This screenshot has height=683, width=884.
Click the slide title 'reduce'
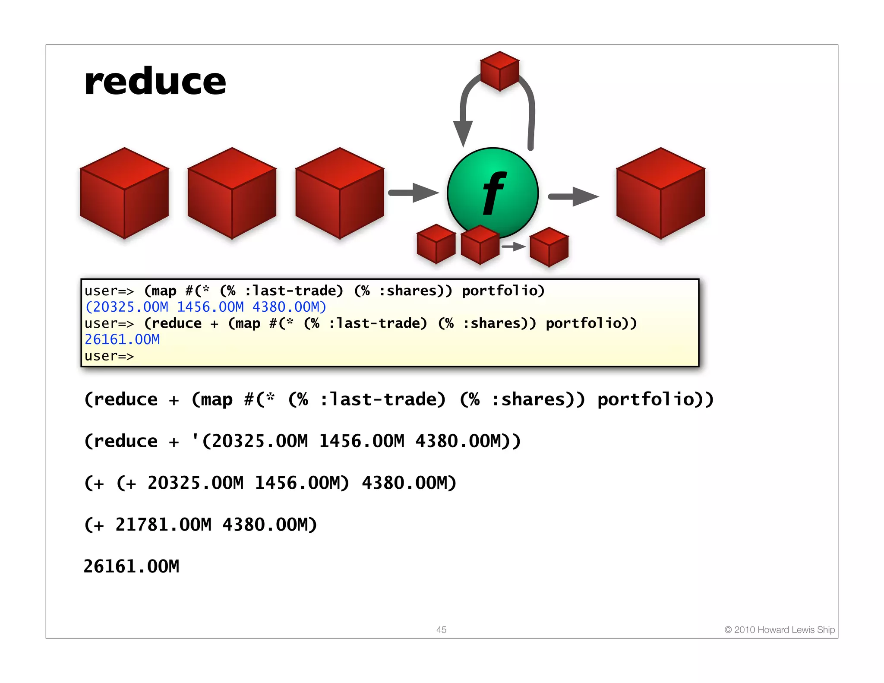155,82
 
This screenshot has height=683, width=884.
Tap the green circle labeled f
493,192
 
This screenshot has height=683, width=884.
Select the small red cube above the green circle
499,71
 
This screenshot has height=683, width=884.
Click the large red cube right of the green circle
660,193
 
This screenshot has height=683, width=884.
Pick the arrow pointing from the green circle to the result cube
573,196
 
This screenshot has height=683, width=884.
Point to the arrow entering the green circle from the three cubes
413,193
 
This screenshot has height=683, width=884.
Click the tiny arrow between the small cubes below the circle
513,247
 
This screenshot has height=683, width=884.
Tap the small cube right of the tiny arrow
549,247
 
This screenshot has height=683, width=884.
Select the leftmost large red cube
124,193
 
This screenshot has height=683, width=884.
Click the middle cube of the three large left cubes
232,193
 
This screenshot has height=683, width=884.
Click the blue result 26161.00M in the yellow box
122,340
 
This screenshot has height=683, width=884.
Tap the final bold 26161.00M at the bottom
131,566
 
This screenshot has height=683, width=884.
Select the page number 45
441,629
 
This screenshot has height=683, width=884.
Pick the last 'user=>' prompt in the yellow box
109,356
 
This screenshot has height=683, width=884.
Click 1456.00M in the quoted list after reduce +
362,441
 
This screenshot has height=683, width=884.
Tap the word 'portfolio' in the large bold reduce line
651,399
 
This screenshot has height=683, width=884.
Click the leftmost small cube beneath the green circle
436,244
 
